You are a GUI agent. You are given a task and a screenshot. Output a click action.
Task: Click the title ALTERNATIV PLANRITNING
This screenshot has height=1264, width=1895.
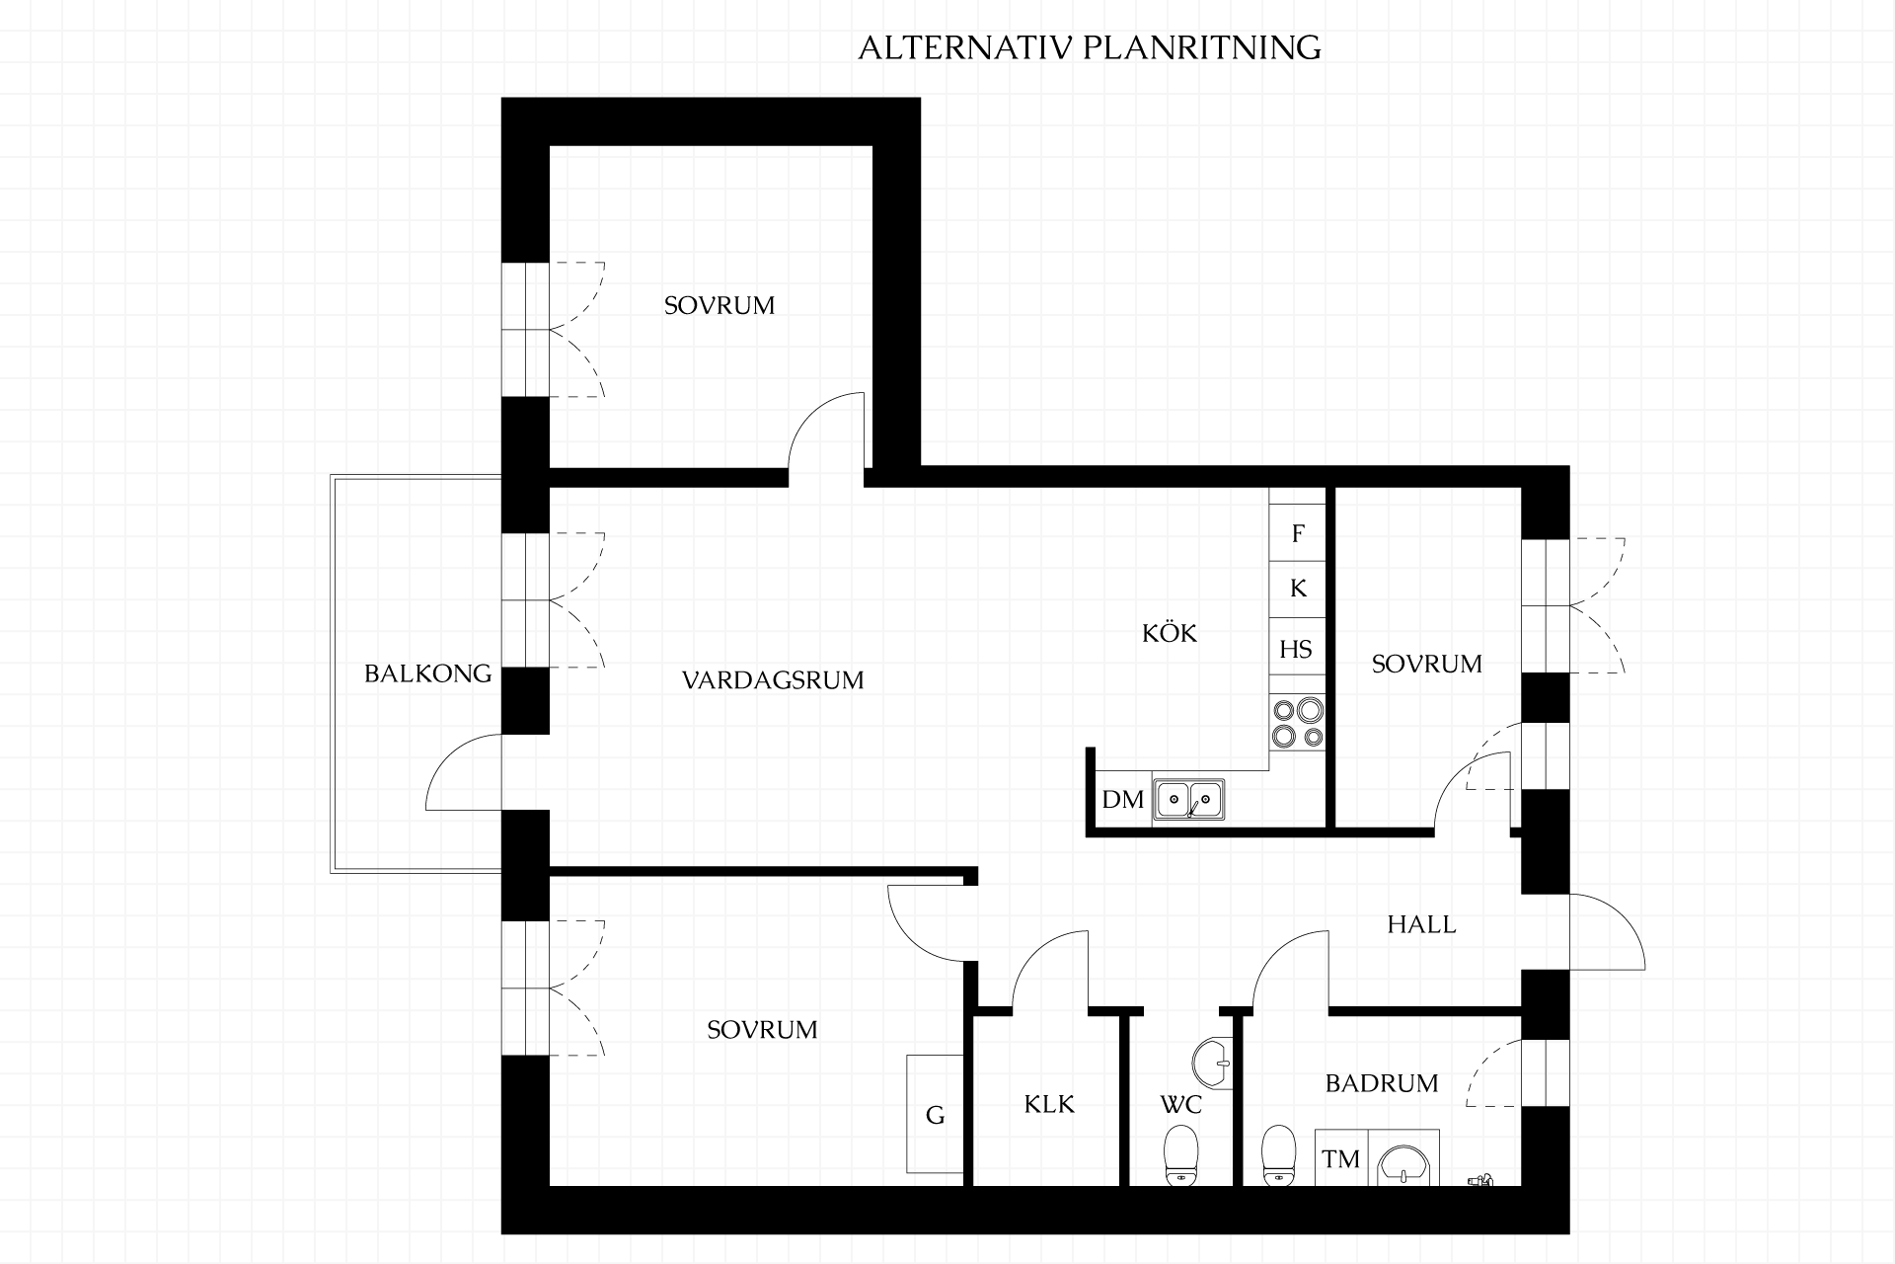1090,47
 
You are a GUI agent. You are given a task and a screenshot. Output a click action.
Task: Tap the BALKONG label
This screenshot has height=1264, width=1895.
427,673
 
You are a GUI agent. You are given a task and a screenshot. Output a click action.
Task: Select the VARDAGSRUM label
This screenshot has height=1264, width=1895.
773,679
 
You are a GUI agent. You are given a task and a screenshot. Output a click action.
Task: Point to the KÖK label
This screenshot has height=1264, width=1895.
1170,632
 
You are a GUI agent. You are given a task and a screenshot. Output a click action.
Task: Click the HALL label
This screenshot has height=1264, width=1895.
1421,924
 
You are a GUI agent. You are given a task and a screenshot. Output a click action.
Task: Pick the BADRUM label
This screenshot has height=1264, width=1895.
1382,1083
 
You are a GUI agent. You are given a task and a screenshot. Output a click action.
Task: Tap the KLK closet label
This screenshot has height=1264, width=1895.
1049,1104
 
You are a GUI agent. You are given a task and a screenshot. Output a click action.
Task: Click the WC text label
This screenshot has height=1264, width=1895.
1180,1104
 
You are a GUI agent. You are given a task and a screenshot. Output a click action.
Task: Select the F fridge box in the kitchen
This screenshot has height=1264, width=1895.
1298,533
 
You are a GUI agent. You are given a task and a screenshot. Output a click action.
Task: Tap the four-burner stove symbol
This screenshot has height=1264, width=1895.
1298,722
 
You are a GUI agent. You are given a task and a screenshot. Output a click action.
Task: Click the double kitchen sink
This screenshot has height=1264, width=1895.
1189,798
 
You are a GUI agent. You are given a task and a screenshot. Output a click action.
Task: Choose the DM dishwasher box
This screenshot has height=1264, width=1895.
1123,799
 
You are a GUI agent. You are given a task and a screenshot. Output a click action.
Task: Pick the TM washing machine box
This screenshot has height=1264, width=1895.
1341,1158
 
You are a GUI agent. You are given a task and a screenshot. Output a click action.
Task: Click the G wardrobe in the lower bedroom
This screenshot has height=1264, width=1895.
935,1114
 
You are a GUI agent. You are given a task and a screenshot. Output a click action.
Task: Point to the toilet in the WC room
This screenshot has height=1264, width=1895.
1180,1155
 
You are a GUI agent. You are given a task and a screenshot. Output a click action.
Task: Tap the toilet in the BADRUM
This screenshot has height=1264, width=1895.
1279,1155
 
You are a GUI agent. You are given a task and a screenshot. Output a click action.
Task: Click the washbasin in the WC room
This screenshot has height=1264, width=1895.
1212,1065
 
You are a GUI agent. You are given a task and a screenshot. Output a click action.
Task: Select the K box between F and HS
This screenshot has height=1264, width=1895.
1298,589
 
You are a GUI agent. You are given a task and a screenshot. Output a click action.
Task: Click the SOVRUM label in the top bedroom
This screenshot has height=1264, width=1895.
720,305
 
